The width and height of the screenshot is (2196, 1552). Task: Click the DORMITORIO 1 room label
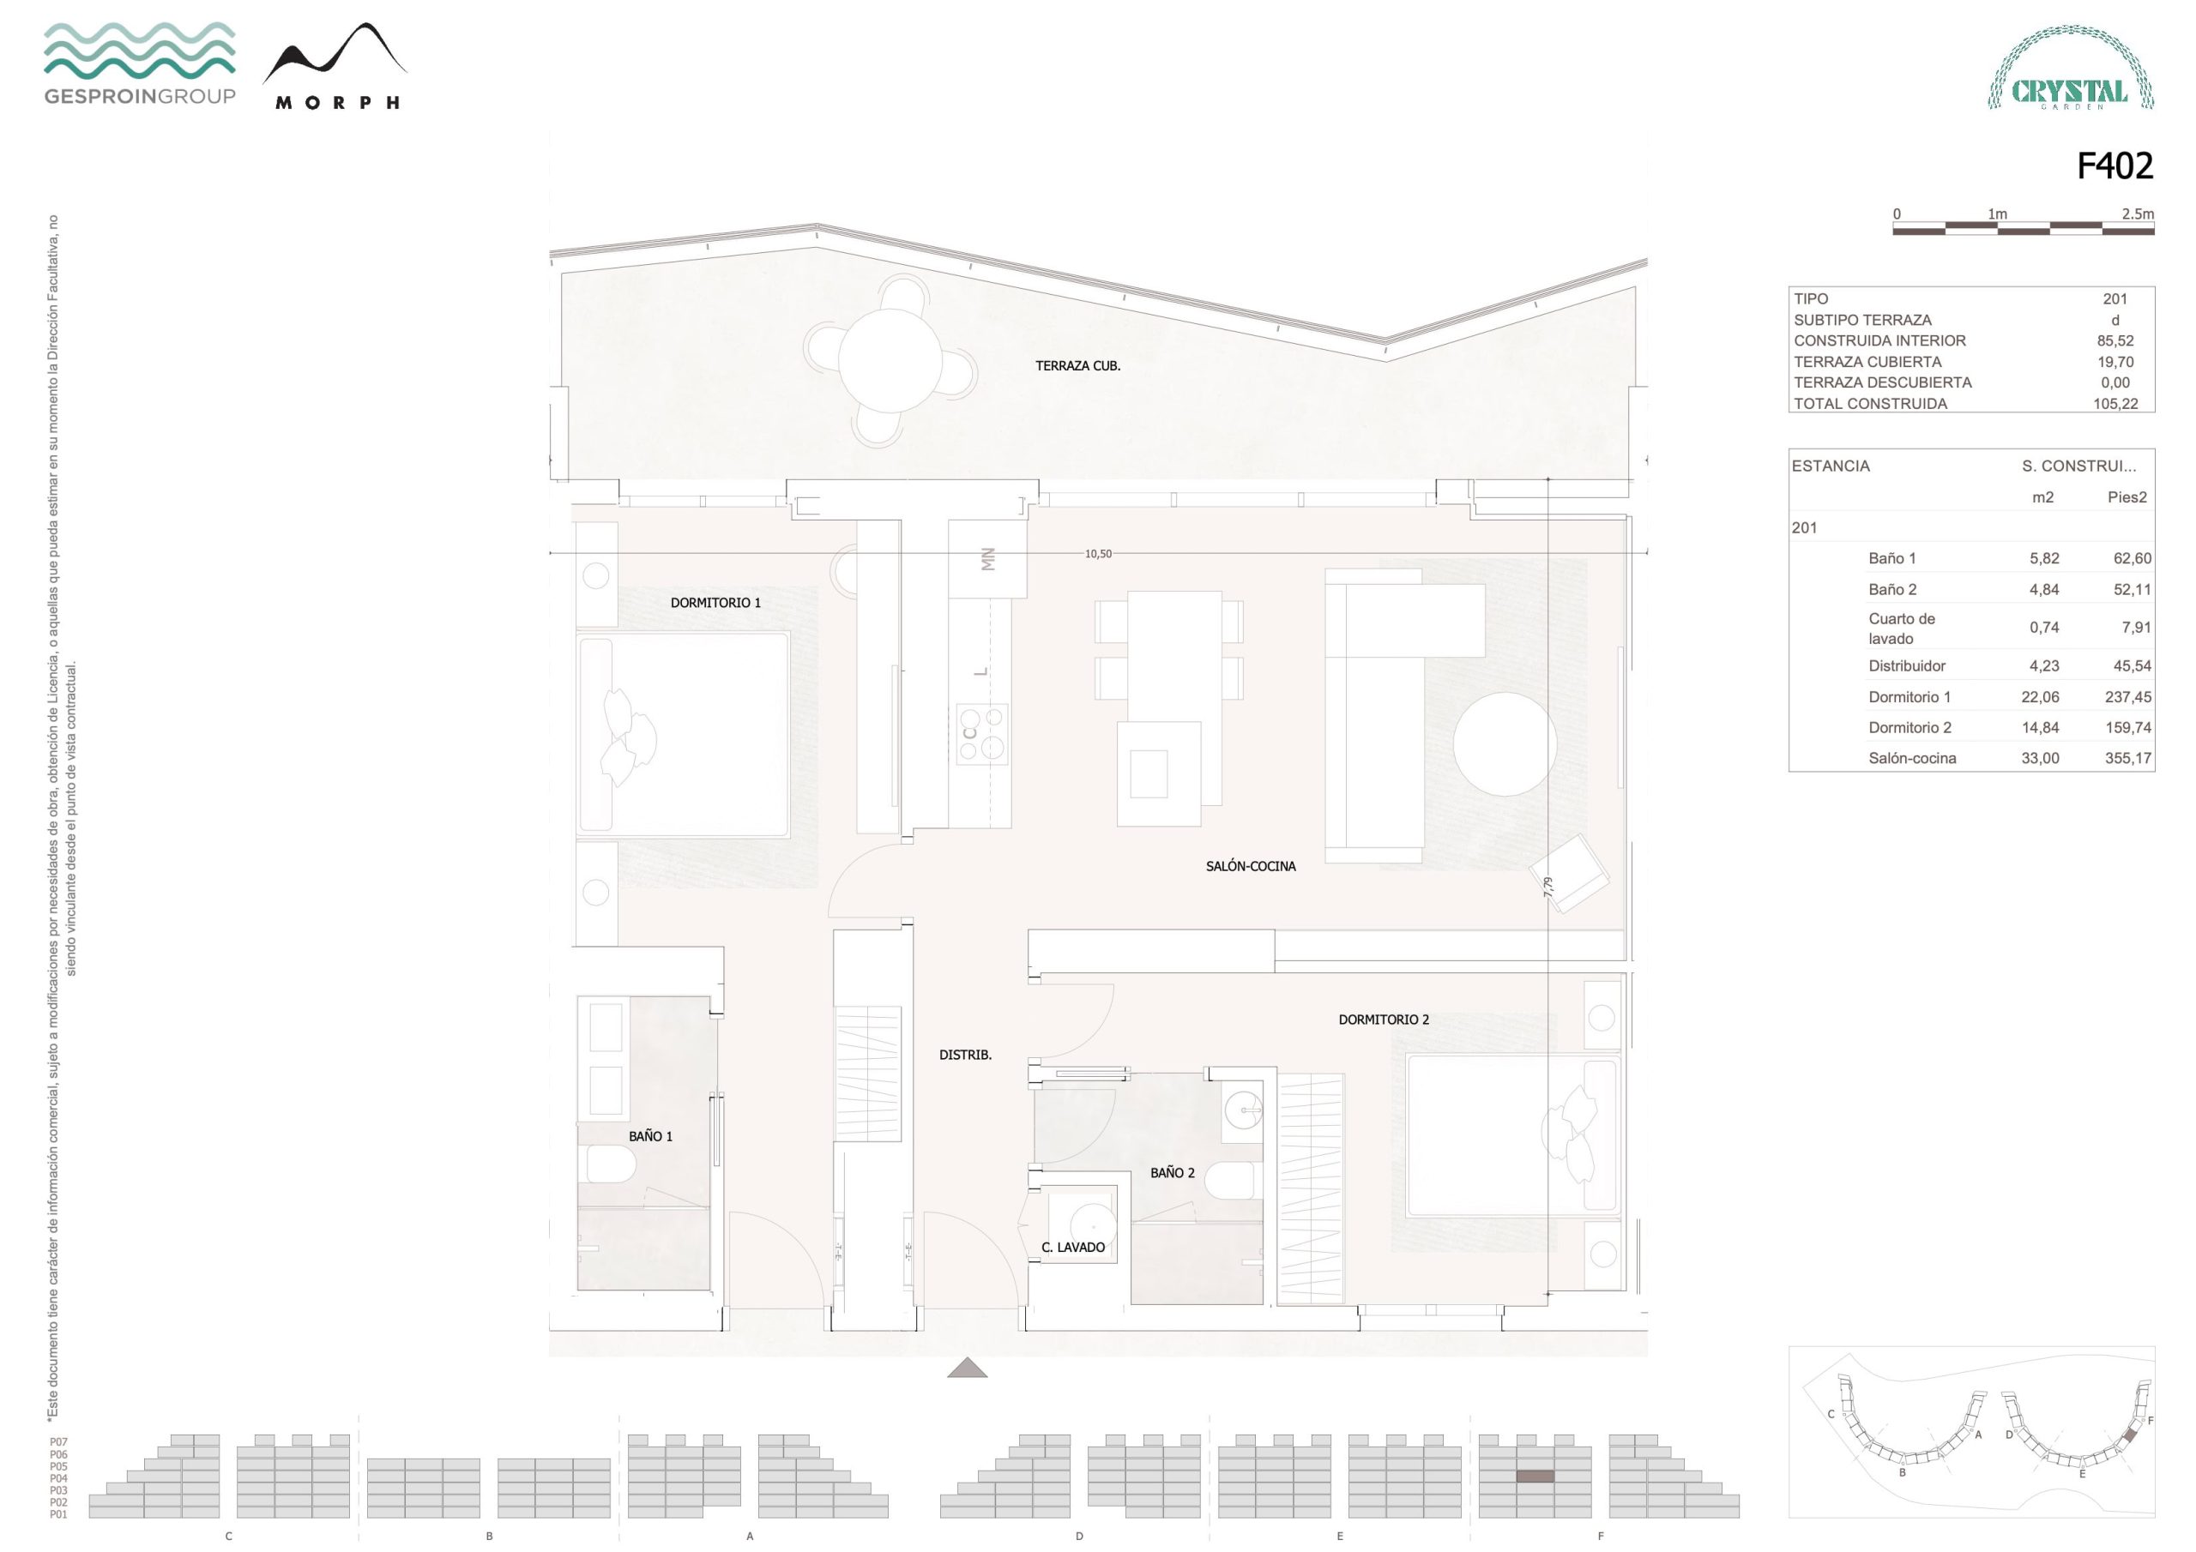715,603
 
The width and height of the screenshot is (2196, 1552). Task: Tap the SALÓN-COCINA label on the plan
1250,866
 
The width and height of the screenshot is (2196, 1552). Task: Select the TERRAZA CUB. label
1077,365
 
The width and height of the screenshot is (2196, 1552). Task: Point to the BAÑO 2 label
1172,1172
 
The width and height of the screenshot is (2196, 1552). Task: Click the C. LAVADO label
1073,1247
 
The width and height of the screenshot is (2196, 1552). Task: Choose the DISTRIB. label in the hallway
965,1055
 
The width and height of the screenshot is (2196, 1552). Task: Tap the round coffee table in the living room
1505,744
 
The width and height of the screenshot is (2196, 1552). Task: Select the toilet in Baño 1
611,1164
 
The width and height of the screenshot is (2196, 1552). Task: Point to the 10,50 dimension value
1098,554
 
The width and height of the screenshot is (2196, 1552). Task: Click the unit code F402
2115,166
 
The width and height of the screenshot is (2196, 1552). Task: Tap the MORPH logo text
336,103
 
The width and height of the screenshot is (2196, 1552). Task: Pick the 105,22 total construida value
2115,404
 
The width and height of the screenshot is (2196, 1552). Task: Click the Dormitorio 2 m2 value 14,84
2040,728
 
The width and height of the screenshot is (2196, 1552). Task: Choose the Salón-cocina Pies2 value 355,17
2128,758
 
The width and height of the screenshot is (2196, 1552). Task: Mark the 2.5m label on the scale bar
2138,214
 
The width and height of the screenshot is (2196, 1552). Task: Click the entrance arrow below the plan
967,1368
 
